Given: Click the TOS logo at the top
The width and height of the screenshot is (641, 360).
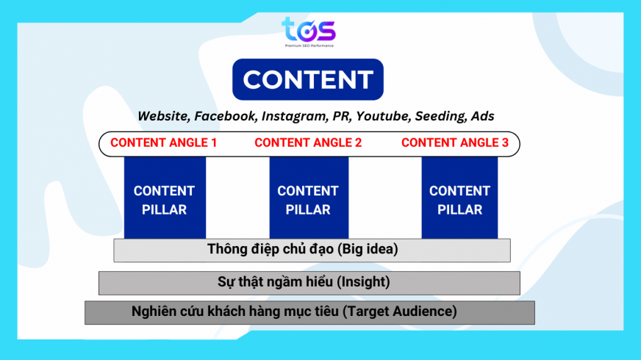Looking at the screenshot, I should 308,30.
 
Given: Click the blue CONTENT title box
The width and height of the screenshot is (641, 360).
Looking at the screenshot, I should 308,79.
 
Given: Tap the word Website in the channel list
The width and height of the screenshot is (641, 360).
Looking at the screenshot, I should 162,116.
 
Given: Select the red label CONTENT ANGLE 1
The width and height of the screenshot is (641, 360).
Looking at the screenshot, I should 163,143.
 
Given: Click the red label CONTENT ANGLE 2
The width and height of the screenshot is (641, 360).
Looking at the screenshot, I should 308,143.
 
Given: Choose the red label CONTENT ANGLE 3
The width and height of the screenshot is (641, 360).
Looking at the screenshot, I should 455,143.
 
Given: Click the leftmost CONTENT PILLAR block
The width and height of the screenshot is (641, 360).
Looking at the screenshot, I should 165,200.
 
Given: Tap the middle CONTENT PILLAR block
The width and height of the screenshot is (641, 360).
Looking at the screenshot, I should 308,200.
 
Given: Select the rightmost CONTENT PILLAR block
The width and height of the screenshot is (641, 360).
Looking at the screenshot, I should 459,200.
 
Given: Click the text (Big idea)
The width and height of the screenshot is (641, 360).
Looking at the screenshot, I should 368,249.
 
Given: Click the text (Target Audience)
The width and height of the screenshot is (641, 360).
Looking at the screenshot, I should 400,311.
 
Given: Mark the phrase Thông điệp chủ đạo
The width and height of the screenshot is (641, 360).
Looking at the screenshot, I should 271,249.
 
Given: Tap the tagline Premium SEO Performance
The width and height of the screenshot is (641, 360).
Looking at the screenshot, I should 309,45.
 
